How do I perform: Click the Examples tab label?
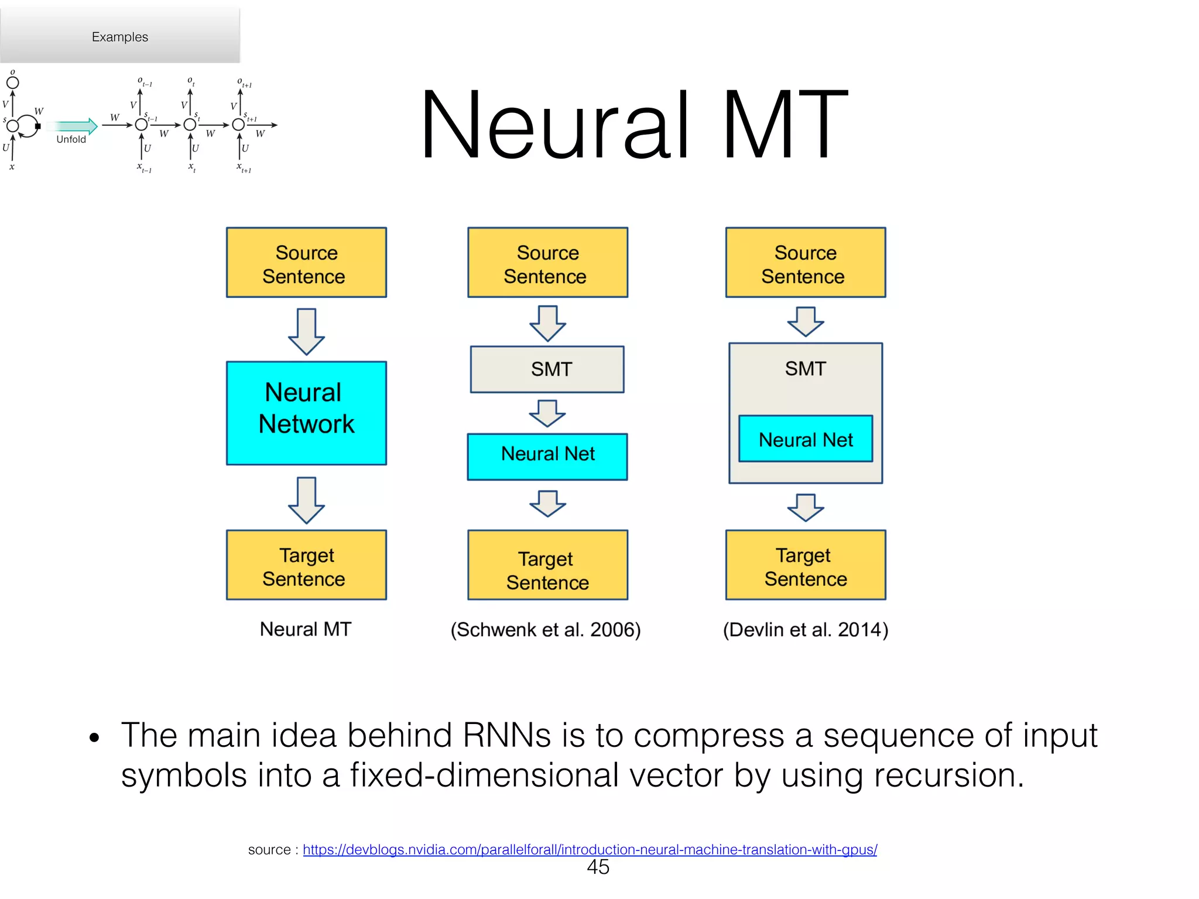(120, 37)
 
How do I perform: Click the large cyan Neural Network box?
(306, 413)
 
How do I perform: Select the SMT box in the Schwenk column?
(547, 369)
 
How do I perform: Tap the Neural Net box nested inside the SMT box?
(806, 439)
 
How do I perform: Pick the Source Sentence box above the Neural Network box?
(306, 263)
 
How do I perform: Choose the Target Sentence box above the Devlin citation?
(806, 565)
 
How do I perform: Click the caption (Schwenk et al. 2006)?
(546, 630)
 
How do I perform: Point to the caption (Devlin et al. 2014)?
(806, 630)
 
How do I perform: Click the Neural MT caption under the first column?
(306, 629)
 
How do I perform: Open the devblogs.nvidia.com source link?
(590, 849)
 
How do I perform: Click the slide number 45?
(598, 867)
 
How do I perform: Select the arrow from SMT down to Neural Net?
(547, 413)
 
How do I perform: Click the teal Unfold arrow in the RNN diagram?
(73, 126)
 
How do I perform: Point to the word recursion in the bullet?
(948, 775)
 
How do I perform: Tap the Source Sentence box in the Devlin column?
(806, 263)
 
